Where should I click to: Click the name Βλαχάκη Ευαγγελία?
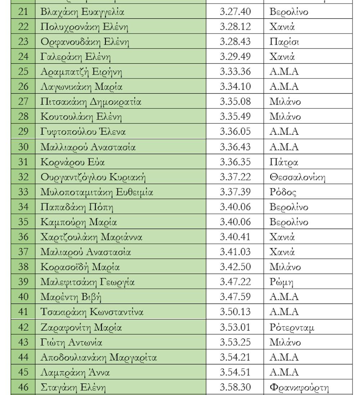82,12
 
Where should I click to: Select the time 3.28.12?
235,27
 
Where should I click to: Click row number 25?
23,72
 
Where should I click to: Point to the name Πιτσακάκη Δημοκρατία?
91,102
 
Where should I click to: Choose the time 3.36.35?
235,162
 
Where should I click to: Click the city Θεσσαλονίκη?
297,177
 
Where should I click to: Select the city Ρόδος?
283,192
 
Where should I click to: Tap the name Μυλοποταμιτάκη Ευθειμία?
97,192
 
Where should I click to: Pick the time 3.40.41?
235,237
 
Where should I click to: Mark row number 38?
23,267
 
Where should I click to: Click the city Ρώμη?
282,282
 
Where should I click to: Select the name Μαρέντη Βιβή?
71,297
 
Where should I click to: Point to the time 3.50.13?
235,311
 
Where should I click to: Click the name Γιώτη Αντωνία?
72,342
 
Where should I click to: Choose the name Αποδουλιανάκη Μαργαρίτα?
99,357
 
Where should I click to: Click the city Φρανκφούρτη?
299,387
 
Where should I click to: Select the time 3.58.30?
235,387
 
